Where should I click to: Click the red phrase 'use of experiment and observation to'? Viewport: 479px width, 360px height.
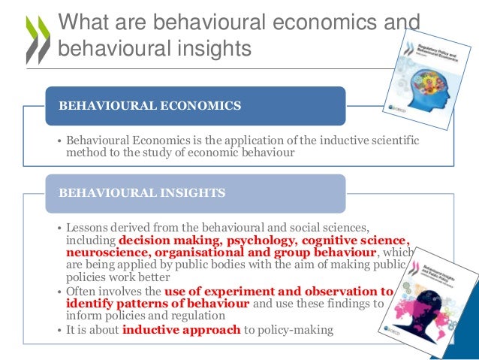pyautogui.click(x=279, y=291)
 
